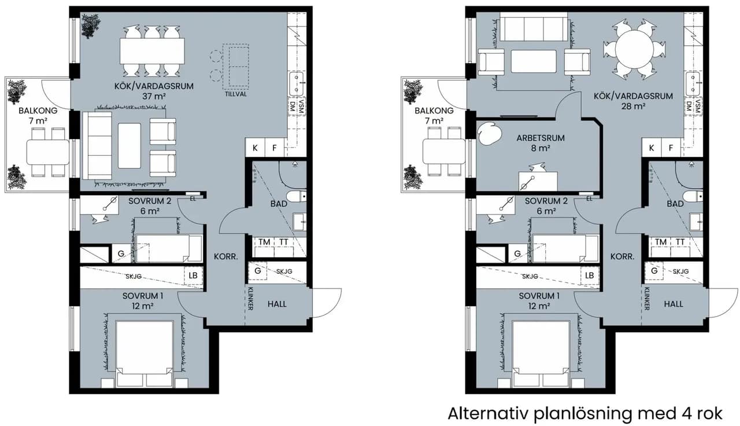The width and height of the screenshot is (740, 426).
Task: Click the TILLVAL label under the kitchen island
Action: click(x=236, y=94)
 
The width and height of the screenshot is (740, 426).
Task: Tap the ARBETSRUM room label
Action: click(x=541, y=138)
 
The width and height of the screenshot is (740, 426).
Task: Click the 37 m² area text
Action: click(x=154, y=96)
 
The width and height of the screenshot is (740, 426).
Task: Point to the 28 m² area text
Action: click(x=633, y=106)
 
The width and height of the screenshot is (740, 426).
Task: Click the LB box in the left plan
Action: click(x=193, y=276)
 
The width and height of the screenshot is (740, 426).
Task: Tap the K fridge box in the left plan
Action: click(x=255, y=148)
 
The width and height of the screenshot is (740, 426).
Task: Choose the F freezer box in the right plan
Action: click(x=671, y=148)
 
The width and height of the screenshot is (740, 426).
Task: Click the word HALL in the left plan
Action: click(x=277, y=304)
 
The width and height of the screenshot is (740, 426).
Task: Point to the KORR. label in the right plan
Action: click(x=623, y=256)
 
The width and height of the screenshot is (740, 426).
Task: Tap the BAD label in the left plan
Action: click(x=279, y=204)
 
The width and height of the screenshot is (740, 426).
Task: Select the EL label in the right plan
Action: click(x=589, y=199)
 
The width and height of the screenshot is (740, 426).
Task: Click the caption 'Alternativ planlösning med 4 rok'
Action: click(x=585, y=414)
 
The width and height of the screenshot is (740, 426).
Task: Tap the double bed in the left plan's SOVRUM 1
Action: click(x=145, y=353)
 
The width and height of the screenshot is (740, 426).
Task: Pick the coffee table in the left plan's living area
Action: click(x=129, y=146)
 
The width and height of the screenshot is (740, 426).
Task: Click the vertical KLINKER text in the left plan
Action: click(x=250, y=299)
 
